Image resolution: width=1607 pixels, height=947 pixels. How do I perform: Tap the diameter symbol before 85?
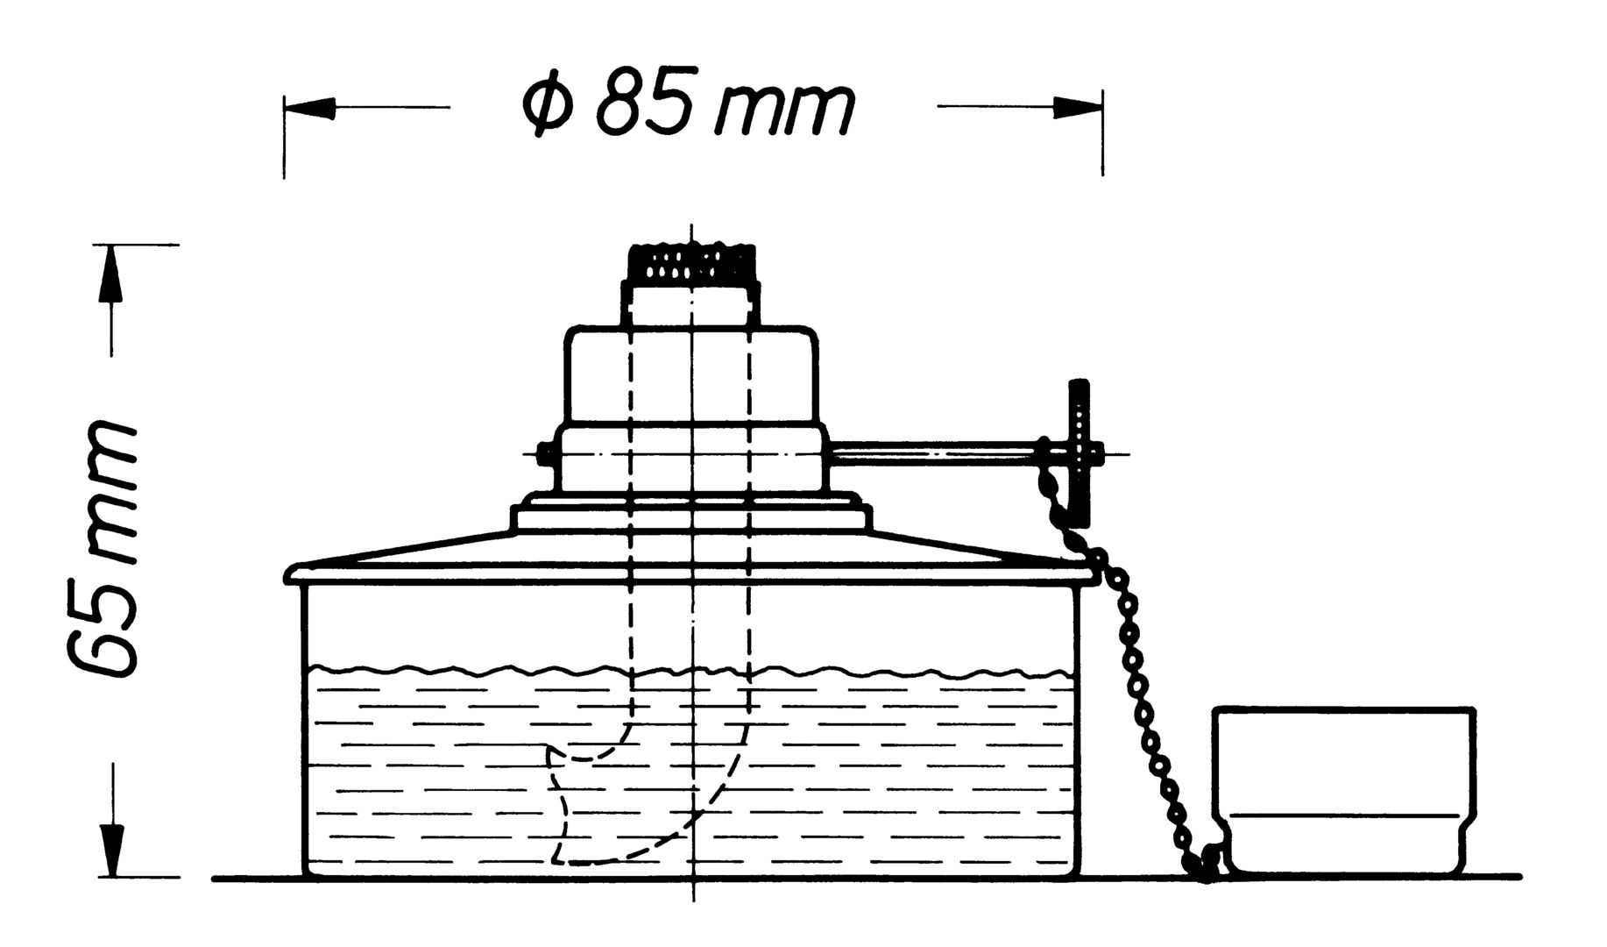[x=550, y=107]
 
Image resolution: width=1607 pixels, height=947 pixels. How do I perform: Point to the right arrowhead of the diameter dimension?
[x=1077, y=107]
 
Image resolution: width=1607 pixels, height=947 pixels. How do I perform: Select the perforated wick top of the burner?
[x=691, y=262]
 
